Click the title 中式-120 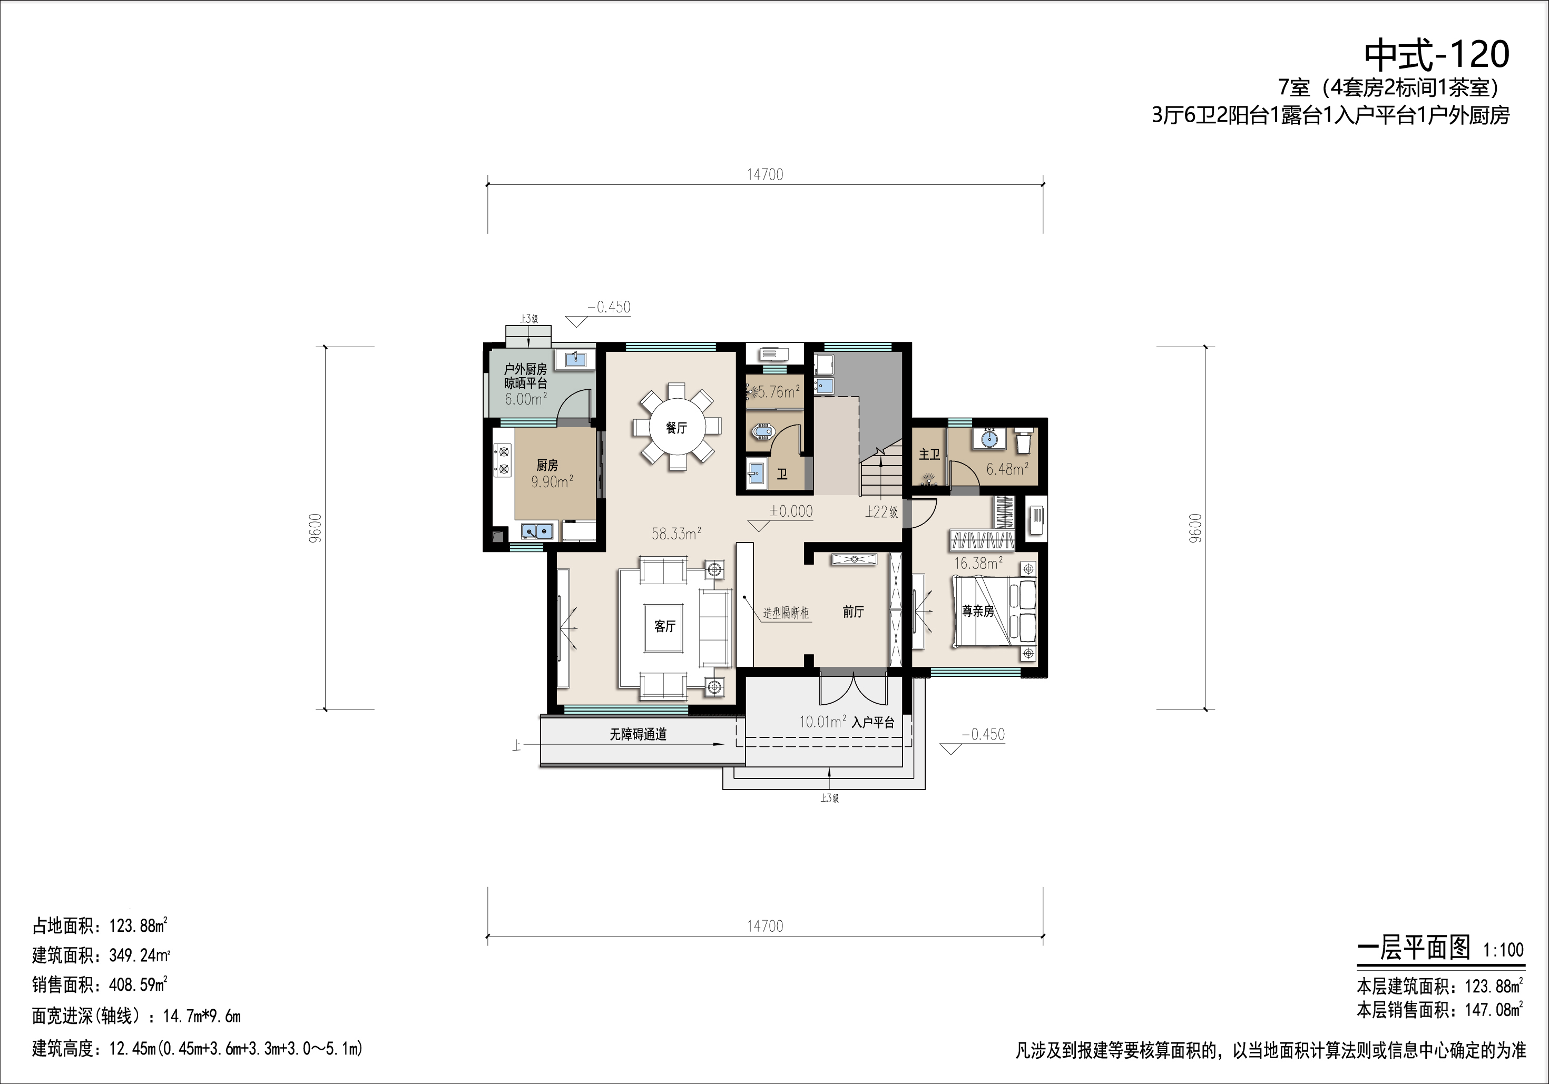coord(1436,55)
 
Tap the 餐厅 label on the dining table coord(676,428)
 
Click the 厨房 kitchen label coord(547,466)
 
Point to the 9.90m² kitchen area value coord(552,481)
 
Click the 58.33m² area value coord(676,534)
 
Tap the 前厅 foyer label coord(854,612)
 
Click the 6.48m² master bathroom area coord(1007,469)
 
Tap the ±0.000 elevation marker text coord(791,511)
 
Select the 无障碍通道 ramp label coord(638,735)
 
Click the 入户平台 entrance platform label coord(873,723)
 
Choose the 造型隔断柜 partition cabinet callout coord(786,613)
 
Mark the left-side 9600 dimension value coord(317,528)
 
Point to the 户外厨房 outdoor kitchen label coord(526,370)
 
